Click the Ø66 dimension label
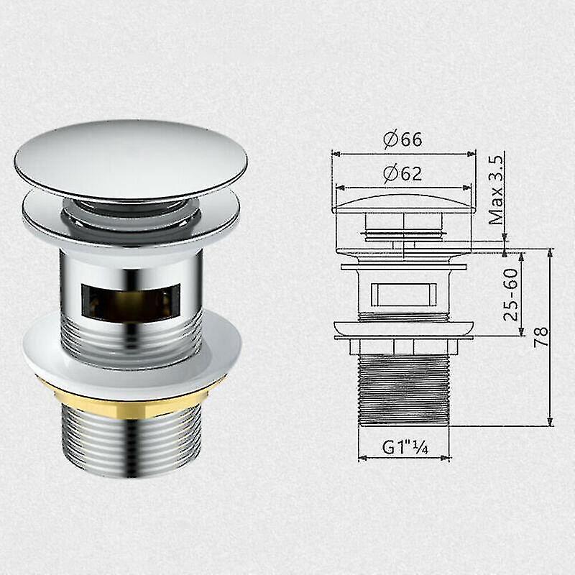coord(402,139)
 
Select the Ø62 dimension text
coord(402,173)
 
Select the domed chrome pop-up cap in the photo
coord(130,158)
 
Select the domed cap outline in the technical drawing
coord(404,202)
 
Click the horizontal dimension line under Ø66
coord(404,153)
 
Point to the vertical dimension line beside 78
coord(551,338)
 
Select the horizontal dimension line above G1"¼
coord(404,457)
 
